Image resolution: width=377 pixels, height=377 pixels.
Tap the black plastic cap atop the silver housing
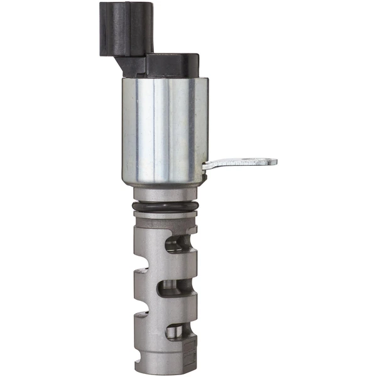[x=173, y=65]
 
